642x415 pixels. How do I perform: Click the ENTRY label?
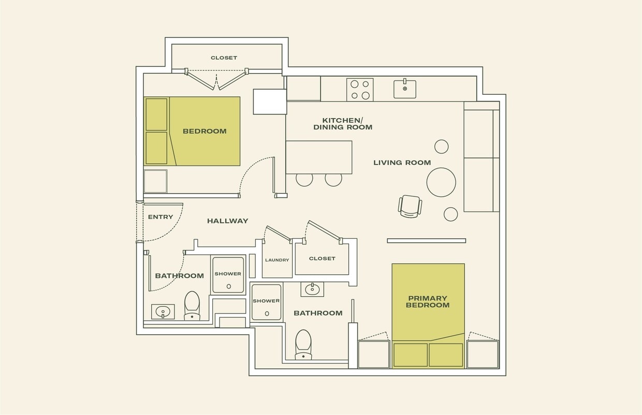tap(160, 217)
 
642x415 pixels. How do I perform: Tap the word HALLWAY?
tap(227, 221)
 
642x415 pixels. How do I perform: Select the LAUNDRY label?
tap(277, 260)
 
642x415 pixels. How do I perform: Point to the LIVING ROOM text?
tap(402, 163)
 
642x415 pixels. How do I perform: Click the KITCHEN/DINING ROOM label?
tap(343, 123)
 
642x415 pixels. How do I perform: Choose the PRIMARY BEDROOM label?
tap(428, 302)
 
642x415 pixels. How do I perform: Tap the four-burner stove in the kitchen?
tap(360, 89)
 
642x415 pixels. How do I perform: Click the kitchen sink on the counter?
tap(405, 89)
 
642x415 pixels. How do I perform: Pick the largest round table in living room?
tap(441, 182)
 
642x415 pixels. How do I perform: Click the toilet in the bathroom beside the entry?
tap(192, 306)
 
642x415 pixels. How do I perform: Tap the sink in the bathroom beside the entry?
tap(163, 312)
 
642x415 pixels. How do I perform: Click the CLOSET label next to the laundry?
tap(322, 259)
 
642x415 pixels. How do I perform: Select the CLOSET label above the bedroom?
tap(224, 58)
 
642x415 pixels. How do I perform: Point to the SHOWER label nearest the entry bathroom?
tap(228, 274)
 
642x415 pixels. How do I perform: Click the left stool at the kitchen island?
tap(304, 179)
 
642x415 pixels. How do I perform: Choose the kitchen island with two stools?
tap(319, 157)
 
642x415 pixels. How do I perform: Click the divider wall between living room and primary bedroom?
tap(426, 240)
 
